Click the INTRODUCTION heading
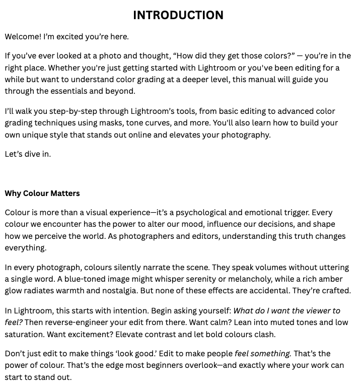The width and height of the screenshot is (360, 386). [178, 16]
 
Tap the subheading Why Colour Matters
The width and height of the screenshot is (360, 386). [42, 193]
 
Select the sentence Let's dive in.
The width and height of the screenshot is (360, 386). [28, 154]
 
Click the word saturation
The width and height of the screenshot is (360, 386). [26, 334]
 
